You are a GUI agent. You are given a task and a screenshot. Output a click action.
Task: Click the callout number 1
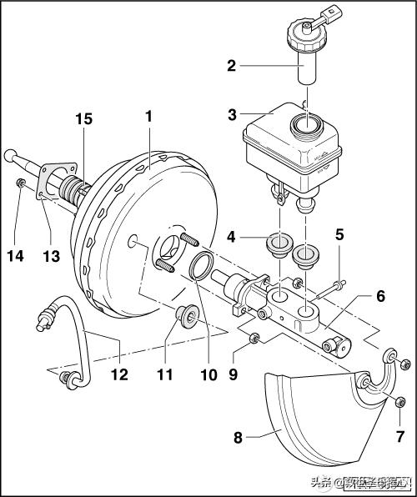(148, 118)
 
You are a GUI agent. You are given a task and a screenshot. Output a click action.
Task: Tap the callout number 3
(234, 115)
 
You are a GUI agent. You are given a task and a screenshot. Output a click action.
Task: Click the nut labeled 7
(399, 404)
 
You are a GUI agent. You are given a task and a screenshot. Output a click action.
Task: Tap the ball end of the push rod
(10, 155)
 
